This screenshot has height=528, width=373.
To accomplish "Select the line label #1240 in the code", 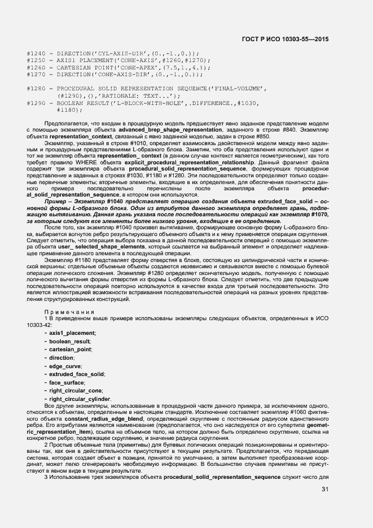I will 36,53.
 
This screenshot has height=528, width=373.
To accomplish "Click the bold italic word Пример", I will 55,201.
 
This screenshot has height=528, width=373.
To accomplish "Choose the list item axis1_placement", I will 72,333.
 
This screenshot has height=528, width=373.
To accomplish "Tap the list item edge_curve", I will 65,366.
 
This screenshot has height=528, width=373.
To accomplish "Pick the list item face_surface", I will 68,382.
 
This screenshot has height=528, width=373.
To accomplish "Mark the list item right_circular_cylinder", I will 80,399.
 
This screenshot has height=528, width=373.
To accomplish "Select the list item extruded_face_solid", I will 77,374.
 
